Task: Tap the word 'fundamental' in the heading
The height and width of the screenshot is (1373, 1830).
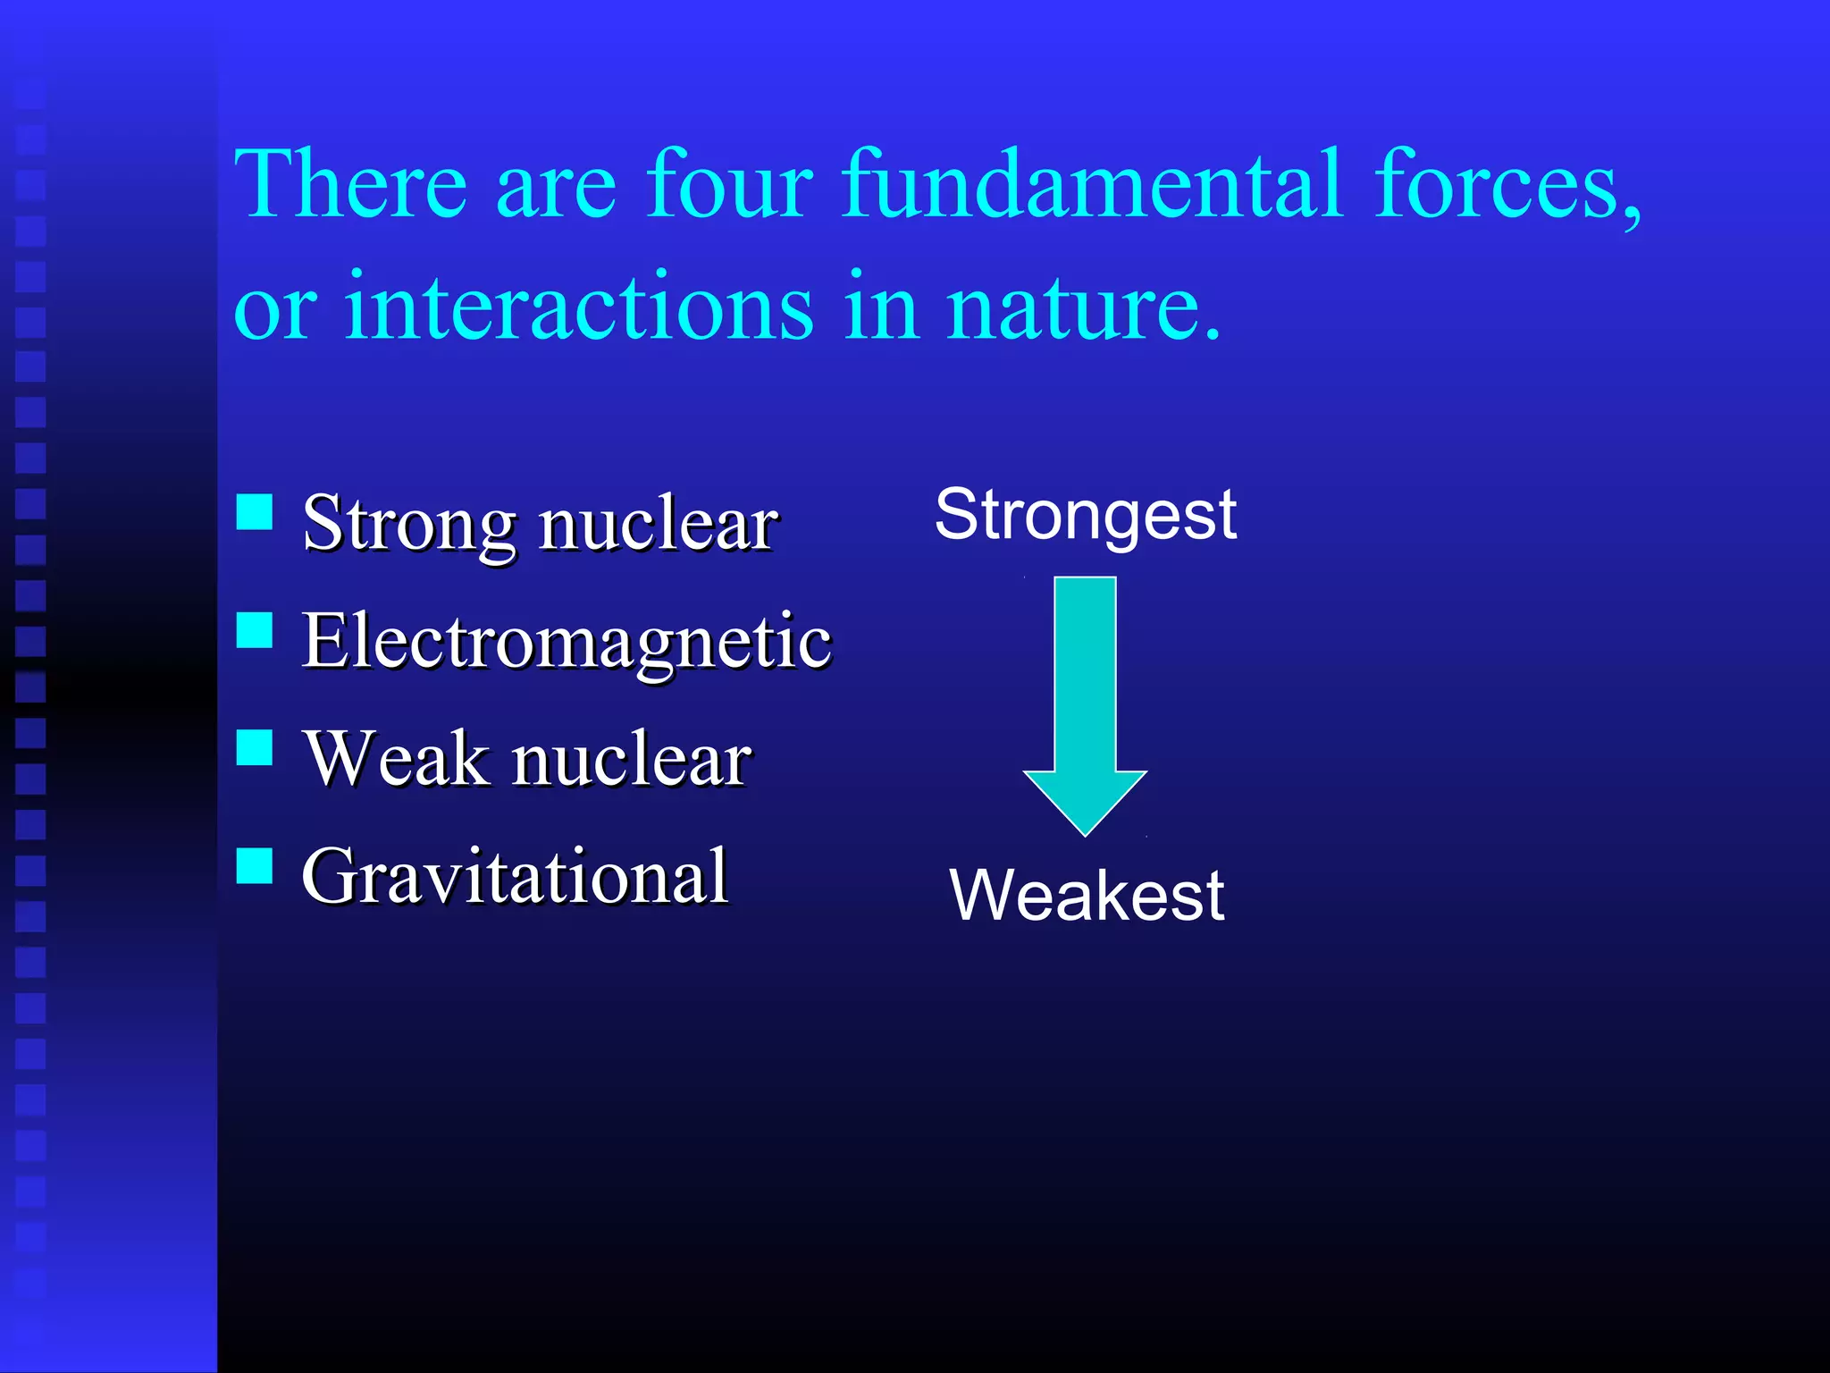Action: pyautogui.click(x=1092, y=185)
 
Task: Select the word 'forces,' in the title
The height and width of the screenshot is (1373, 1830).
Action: pyautogui.click(x=1507, y=185)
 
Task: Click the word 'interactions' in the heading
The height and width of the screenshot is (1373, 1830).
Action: pyautogui.click(x=579, y=308)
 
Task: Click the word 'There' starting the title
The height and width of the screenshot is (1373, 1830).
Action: pyautogui.click(x=350, y=185)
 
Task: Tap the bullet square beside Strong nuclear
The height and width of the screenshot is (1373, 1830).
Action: pyautogui.click(x=255, y=512)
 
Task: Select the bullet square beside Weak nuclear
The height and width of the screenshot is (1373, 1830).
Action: pyautogui.click(x=255, y=747)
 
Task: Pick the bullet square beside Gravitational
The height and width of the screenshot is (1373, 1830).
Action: pyautogui.click(x=255, y=864)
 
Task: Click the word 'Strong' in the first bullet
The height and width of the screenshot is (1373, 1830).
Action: pyautogui.click(x=409, y=525)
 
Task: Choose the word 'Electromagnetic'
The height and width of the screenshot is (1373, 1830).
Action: pyautogui.click(x=567, y=642)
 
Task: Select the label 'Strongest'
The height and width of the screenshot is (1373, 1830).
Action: pyautogui.click(x=1085, y=517)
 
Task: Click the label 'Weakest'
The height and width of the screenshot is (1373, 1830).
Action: pyautogui.click(x=1087, y=896)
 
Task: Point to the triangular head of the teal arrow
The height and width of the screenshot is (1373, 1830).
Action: pyautogui.click(x=1085, y=798)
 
